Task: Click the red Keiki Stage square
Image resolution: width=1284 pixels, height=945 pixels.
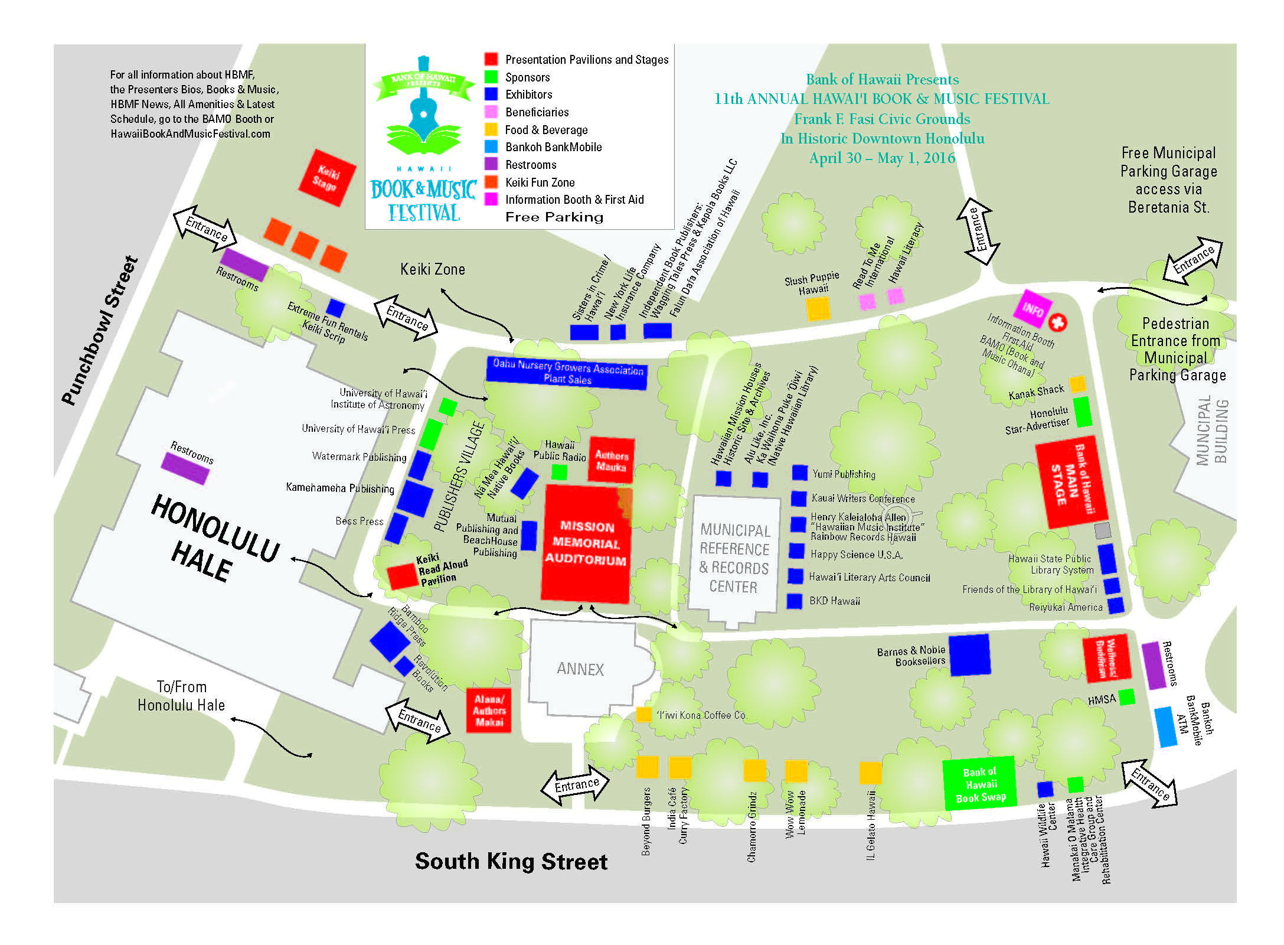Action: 326,178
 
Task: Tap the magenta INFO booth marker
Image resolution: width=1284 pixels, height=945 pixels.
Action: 1033,308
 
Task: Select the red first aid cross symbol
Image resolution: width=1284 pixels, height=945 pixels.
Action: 1057,322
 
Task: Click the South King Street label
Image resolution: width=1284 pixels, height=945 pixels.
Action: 511,862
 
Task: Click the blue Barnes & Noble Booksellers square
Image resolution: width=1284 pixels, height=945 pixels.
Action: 969,654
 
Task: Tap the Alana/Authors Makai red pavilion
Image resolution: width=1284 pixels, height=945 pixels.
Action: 488,711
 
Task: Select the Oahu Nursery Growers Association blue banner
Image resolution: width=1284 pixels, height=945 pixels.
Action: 567,372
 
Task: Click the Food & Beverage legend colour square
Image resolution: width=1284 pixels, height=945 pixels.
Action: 491,129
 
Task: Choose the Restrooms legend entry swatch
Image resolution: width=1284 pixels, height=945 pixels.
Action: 491,164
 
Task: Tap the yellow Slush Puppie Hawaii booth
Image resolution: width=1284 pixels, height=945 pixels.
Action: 818,308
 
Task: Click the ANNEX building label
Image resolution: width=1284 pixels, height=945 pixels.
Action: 580,669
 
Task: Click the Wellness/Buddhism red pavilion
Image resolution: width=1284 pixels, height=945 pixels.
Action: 1106,658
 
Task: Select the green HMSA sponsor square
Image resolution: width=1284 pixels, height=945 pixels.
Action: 1126,697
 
